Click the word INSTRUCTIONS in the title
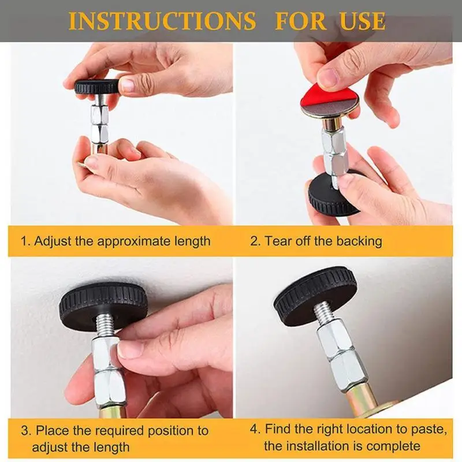162,21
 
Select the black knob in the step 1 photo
97,87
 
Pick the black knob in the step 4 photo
315,295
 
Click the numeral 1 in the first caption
25,241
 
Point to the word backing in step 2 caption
357,241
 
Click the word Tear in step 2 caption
277,241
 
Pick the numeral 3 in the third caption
25,431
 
